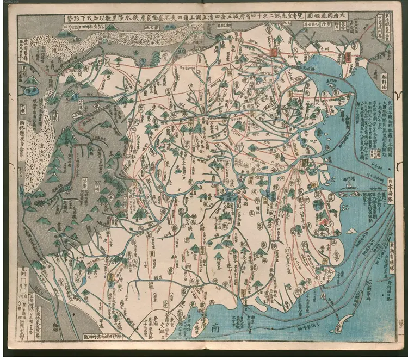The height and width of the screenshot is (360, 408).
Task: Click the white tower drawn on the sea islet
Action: pos(347,185)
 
